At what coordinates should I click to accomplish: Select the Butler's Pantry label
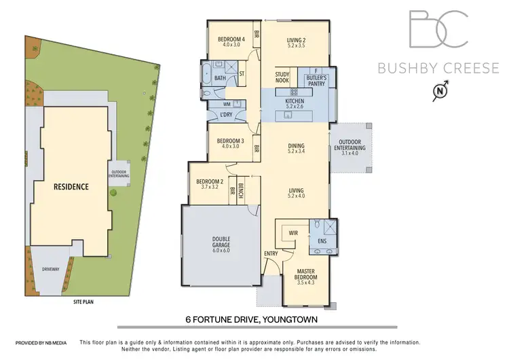[x=316, y=79]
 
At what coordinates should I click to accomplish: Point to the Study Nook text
[x=283, y=78]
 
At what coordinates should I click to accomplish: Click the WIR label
[x=294, y=232]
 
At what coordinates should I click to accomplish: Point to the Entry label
[x=271, y=254]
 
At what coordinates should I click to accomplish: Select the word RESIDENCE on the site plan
[x=71, y=186]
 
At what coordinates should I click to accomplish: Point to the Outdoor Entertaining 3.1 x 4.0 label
[x=350, y=148]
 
